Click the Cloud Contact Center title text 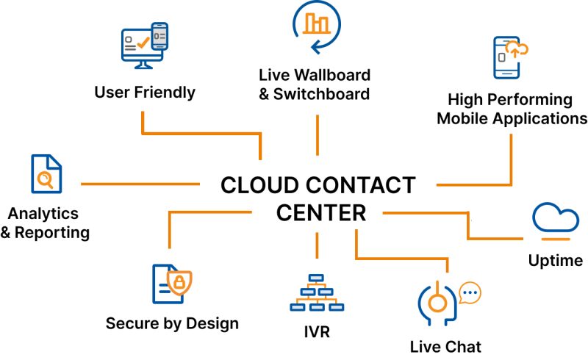pyautogui.click(x=318, y=198)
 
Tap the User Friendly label pyautogui.click(x=145, y=93)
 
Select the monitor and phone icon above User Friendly pyautogui.click(x=144, y=46)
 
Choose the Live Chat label pyautogui.click(x=445, y=346)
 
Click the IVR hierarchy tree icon pyautogui.click(x=317, y=293)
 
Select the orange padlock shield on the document pyautogui.click(x=179, y=281)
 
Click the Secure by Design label pyautogui.click(x=172, y=324)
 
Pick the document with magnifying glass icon pyautogui.click(x=46, y=174)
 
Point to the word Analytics pyautogui.click(x=43, y=214)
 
